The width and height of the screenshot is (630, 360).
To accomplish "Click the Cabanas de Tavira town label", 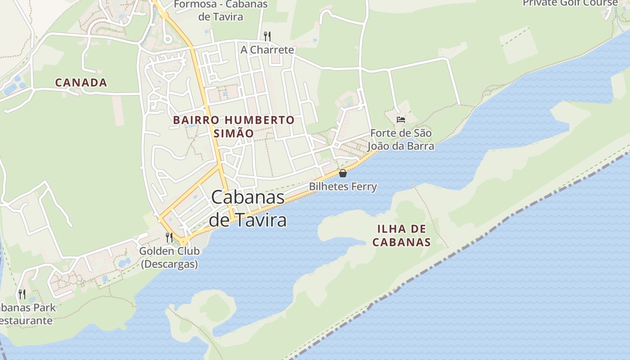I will click(248, 208).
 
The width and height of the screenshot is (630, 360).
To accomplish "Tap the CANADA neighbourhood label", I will click(81, 83).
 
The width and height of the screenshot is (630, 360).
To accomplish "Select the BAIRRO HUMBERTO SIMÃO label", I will click(234, 126).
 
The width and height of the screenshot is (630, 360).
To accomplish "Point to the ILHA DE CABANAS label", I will click(401, 235).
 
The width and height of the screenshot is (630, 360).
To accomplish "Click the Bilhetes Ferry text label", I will click(343, 186).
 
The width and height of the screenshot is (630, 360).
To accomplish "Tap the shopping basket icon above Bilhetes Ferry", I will click(343, 173).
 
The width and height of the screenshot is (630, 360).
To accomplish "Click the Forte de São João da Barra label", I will click(401, 139).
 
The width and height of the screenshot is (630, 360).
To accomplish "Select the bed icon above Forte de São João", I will click(400, 120).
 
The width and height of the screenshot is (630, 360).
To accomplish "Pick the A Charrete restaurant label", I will click(267, 50).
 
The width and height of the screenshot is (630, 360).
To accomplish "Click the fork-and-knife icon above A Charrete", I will click(267, 36).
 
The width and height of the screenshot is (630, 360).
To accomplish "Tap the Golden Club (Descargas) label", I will click(169, 257).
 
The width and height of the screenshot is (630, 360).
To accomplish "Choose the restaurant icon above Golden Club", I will click(169, 237).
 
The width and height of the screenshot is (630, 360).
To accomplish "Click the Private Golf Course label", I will click(570, 3).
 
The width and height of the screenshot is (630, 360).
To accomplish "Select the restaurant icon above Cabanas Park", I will click(22, 294).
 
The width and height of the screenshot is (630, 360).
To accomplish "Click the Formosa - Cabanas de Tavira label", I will click(220, 11).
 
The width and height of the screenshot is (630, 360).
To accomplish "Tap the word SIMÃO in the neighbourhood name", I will click(234, 134).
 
